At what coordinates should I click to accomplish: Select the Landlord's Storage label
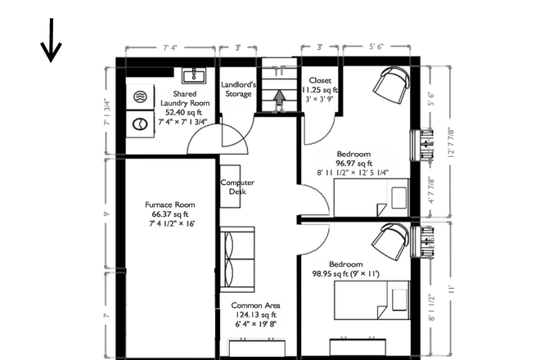(x=240, y=88)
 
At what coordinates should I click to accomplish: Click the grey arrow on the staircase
(x=279, y=99)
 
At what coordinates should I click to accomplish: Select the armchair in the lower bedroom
(x=389, y=241)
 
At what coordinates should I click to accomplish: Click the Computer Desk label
(x=237, y=187)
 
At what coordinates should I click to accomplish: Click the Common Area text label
(x=254, y=306)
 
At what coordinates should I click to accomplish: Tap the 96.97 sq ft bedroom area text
(x=353, y=163)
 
